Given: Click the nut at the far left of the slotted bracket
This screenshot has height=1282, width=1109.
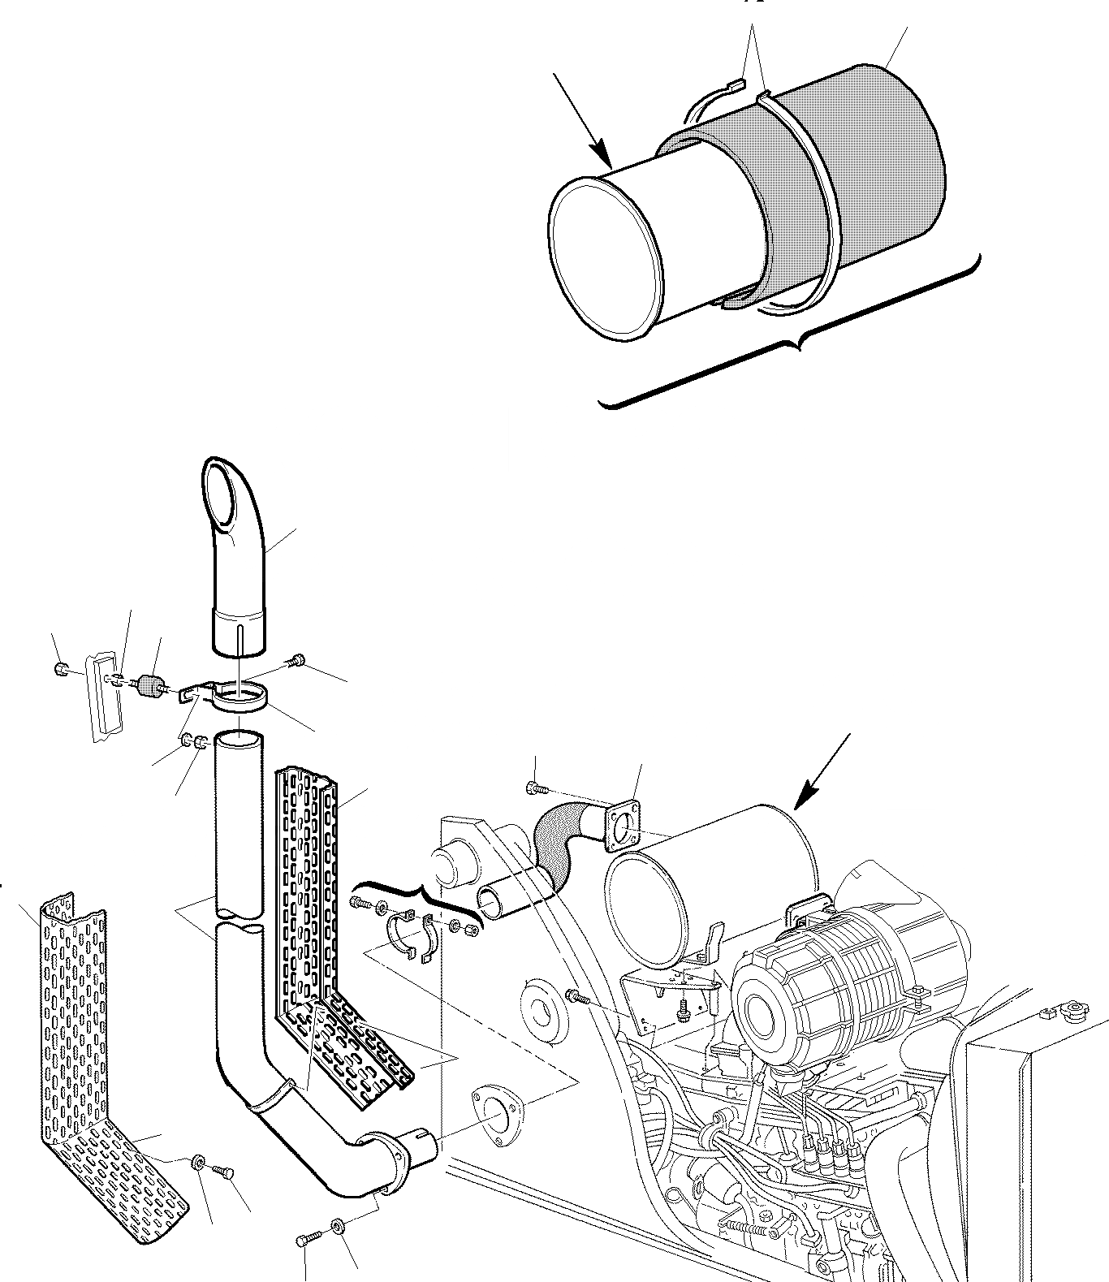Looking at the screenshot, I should pos(59,669).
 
